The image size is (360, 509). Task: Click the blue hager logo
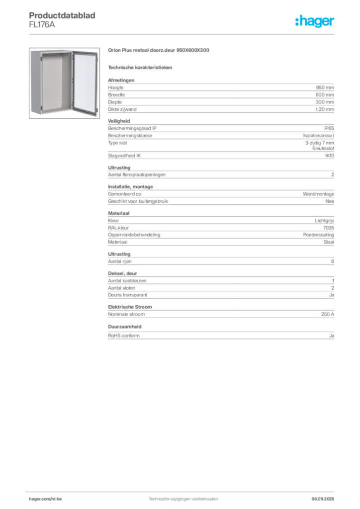[315, 22]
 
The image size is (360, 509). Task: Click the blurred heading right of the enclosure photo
[159, 50]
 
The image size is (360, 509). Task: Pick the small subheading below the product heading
[141, 67]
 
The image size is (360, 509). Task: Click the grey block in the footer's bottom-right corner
[326, 496]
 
